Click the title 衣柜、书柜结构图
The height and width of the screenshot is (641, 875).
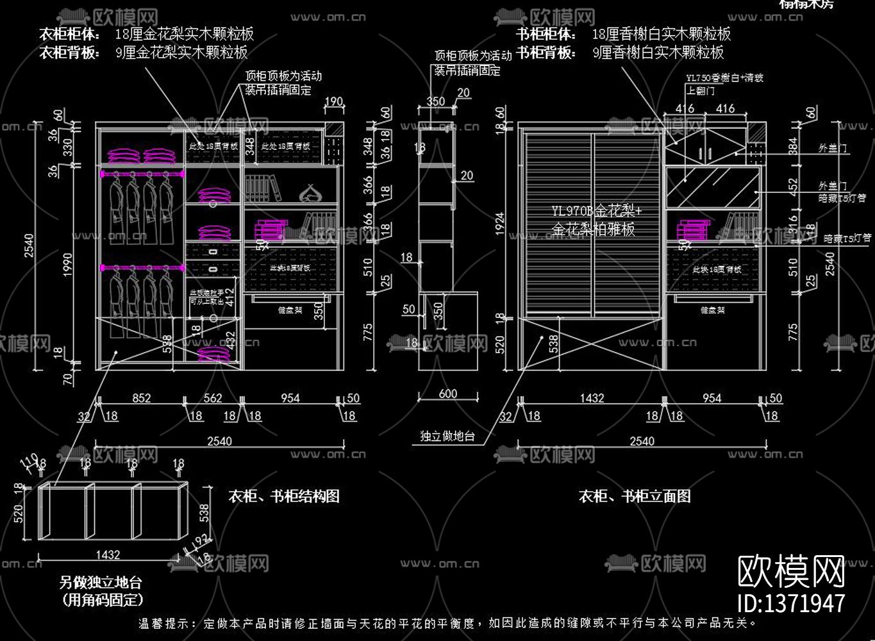click(283, 496)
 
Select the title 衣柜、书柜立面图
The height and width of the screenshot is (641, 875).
click(634, 496)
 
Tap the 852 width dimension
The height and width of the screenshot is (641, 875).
click(142, 398)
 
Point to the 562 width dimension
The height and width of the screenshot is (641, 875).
click(212, 398)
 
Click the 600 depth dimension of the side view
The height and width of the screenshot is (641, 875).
click(448, 394)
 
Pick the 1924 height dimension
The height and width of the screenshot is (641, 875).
click(500, 224)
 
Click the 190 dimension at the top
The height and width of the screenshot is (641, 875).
click(333, 101)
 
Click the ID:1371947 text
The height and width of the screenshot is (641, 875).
click(792, 603)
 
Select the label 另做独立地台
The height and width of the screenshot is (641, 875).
click(100, 583)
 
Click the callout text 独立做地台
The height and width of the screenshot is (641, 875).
click(447, 437)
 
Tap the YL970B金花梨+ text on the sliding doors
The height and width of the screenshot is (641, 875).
click(596, 211)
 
